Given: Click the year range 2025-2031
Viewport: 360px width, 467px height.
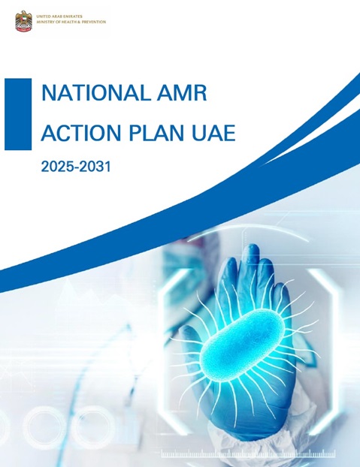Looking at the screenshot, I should [76, 167].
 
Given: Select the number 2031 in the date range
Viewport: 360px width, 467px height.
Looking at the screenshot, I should [95, 167].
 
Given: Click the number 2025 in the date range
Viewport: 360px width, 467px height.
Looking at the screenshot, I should [57, 167].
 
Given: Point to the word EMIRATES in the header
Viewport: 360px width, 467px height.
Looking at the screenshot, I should [80, 15].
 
